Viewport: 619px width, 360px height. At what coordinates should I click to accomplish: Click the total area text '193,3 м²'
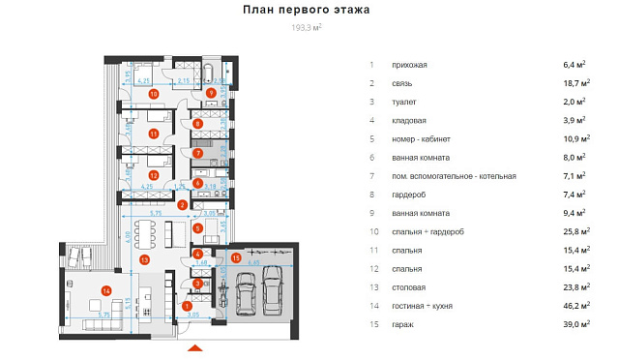tap(307, 28)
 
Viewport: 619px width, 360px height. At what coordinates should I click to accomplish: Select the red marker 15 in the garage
tap(236, 256)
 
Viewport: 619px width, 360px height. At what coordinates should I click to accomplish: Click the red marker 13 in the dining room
tap(145, 259)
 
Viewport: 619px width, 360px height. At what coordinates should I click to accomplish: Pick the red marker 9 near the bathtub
tap(211, 93)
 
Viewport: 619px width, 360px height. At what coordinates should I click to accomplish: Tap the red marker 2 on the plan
tap(182, 204)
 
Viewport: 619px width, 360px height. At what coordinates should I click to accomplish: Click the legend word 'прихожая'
tap(410, 65)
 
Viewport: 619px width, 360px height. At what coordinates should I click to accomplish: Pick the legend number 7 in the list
tap(370, 176)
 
